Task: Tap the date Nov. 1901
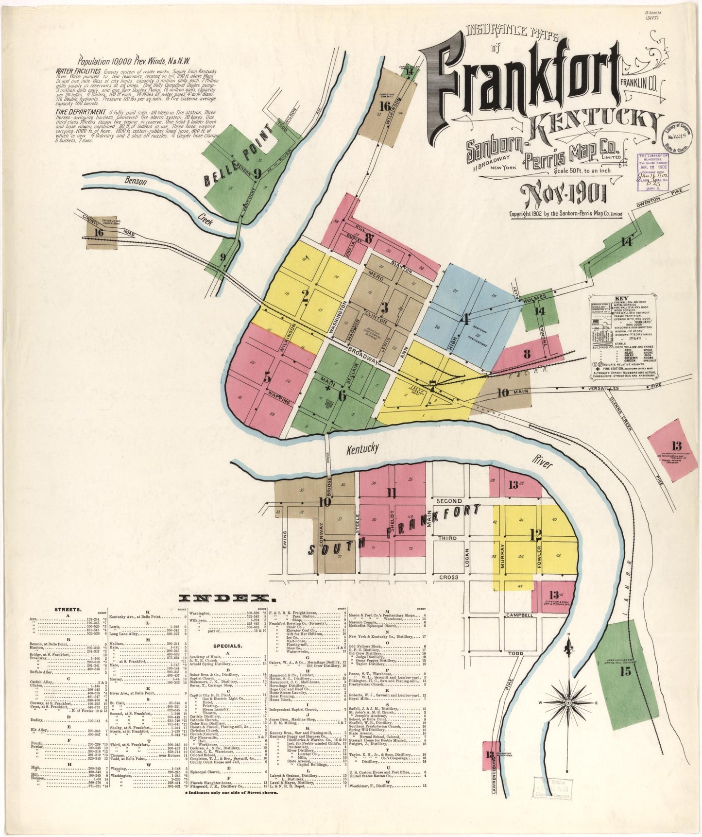pyautogui.click(x=563, y=195)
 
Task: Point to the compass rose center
pyautogui.click(x=567, y=703)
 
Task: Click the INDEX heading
pyautogui.click(x=224, y=598)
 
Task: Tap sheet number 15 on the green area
pyautogui.click(x=626, y=672)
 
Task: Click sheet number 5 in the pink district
pyautogui.click(x=267, y=377)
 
